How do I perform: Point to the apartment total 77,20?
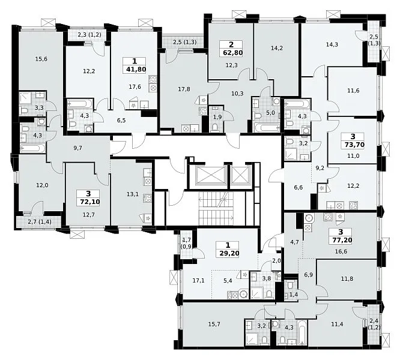(342, 240)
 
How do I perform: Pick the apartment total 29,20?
(229, 254)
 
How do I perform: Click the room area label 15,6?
(41, 59)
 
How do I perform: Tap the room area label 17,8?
(184, 89)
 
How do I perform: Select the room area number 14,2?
(276, 48)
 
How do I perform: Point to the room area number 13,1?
(133, 194)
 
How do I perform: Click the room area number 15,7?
(214, 324)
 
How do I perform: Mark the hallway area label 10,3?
(237, 94)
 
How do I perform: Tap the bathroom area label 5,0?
(270, 112)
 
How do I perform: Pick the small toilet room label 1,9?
(217, 117)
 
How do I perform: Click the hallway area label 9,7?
(77, 148)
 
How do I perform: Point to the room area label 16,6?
(342, 251)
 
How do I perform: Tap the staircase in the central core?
(216, 208)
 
